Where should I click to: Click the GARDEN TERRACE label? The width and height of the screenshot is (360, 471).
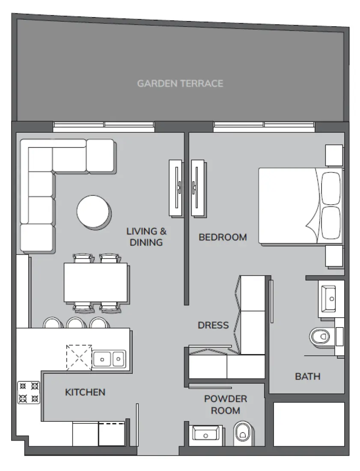(x=180, y=83)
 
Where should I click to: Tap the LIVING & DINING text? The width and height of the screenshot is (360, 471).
(x=146, y=237)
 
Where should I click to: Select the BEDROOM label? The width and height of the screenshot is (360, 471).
(x=223, y=237)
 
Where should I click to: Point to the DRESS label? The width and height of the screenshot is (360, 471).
(x=213, y=325)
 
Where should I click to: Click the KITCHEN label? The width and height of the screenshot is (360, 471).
(x=85, y=392)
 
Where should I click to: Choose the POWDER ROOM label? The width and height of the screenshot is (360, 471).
(x=226, y=405)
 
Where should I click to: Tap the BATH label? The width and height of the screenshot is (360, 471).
(x=307, y=376)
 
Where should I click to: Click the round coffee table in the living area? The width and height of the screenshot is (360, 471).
(x=93, y=211)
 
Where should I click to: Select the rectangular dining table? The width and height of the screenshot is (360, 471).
(x=96, y=283)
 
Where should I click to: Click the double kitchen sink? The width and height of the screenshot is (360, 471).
(x=109, y=359)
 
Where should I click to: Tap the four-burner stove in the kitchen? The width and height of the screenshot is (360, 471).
(x=29, y=392)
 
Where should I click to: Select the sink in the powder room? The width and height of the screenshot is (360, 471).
(x=206, y=434)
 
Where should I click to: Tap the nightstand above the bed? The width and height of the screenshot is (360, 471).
(x=334, y=155)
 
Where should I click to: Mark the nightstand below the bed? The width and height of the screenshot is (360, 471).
(x=334, y=256)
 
